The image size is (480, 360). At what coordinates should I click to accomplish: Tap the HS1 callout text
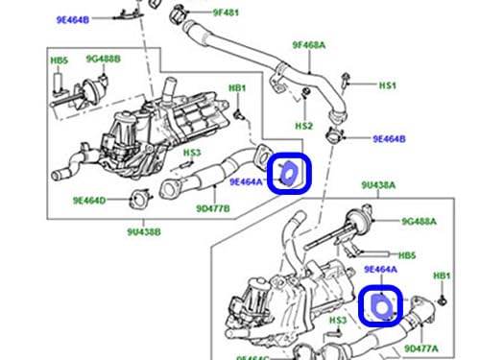click(387, 85)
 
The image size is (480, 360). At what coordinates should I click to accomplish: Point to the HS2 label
click(303, 126)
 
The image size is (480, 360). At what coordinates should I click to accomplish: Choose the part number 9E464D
click(88, 201)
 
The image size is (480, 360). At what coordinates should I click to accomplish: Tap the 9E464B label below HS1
click(390, 139)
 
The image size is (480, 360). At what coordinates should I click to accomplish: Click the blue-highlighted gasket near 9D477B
click(290, 174)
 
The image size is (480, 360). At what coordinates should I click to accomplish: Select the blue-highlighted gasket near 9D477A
click(379, 305)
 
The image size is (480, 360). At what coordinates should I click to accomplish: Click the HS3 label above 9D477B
click(192, 153)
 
